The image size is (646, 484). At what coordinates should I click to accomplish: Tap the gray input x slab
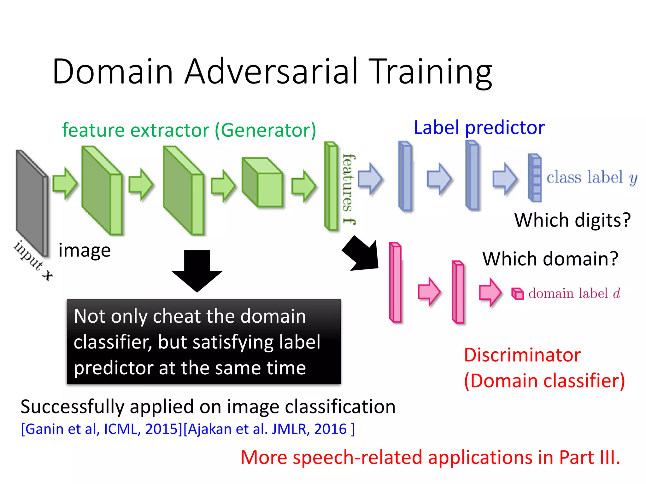(x=32, y=202)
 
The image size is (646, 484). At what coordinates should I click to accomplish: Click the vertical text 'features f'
(x=349, y=189)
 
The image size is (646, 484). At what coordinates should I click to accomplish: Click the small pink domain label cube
(x=517, y=293)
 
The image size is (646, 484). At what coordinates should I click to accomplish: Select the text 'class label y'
(x=591, y=177)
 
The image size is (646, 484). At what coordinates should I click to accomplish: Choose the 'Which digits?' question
(x=572, y=220)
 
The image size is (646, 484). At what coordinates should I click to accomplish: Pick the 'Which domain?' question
(x=550, y=259)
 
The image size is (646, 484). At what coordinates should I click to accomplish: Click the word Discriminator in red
(x=522, y=355)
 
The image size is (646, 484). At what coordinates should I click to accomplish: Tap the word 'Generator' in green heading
(x=265, y=130)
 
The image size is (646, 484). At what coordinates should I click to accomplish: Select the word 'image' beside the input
(x=85, y=251)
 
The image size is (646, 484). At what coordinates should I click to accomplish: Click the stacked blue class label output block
(x=535, y=178)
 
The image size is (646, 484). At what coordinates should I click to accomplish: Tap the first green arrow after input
(x=65, y=183)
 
